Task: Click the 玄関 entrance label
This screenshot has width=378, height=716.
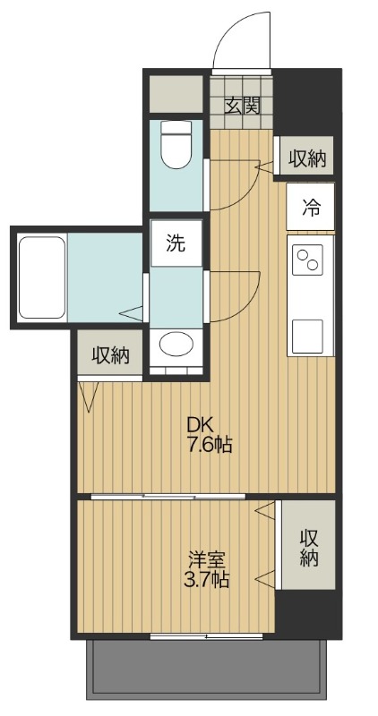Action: pyautogui.click(x=242, y=105)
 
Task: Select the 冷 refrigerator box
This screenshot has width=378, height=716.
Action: pyautogui.click(x=311, y=208)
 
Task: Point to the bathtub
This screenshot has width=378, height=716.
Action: pyautogui.click(x=40, y=278)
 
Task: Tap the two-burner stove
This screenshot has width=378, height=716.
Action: pyautogui.click(x=310, y=260)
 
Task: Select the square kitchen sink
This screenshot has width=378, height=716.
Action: pyautogui.click(x=310, y=335)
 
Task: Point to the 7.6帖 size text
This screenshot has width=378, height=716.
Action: pyautogui.click(x=210, y=445)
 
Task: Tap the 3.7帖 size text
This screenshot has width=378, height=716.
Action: pyautogui.click(x=207, y=581)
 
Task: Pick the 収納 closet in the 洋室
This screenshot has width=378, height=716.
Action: pyautogui.click(x=308, y=546)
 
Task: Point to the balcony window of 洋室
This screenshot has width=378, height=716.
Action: pyautogui.click(x=207, y=636)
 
